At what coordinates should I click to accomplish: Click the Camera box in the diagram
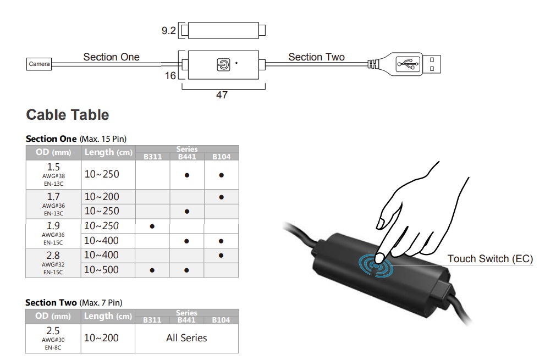coord(39,64)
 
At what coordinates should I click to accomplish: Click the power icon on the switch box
coord(223,64)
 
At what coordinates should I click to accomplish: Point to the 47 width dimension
coord(222,95)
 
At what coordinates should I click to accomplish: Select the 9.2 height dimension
coord(168,31)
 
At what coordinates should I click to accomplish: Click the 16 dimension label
coord(170,75)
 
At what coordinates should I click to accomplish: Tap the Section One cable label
coord(111,57)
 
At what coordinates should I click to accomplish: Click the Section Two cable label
coord(316,57)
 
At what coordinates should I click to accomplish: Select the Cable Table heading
coord(68,115)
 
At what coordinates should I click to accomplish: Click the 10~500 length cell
coord(101,270)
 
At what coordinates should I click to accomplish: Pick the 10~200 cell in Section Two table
coord(101,337)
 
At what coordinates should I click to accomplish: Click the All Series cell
coord(186,337)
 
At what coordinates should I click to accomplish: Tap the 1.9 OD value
coord(53,226)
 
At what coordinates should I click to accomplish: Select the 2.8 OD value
coord(53,255)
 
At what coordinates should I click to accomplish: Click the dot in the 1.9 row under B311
coord(152,226)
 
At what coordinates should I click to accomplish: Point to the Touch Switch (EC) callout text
coord(490,258)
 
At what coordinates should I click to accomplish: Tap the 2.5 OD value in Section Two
coord(53,331)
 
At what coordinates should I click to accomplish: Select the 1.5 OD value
coord(53,167)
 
